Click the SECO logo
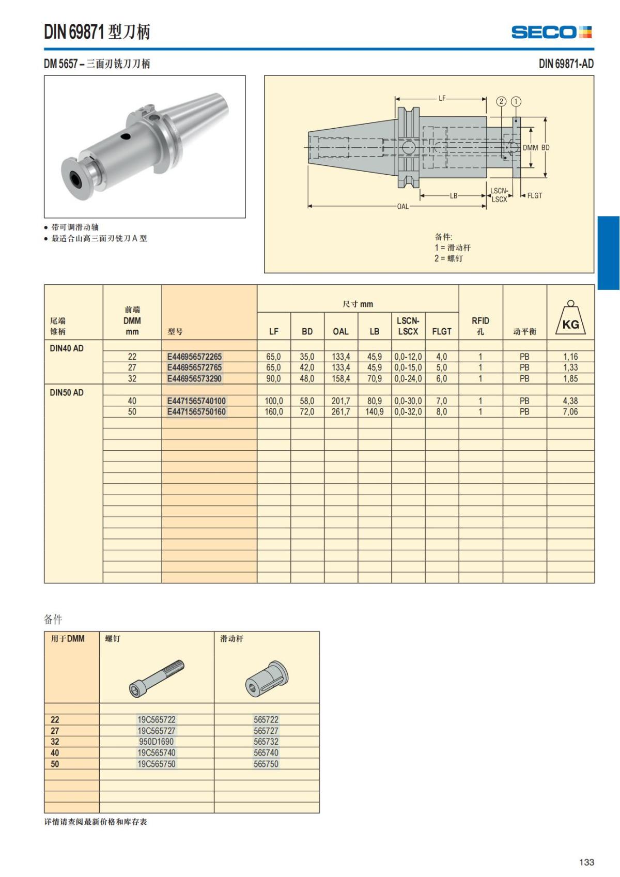pos(551,32)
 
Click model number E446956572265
pos(194,357)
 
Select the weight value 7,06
pos(570,412)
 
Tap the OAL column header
pos(340,331)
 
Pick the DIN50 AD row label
pos(67,393)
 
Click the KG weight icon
pos(570,318)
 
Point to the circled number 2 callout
pos(501,101)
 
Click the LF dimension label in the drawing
pos(442,98)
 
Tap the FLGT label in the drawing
pos(534,195)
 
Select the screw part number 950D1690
pos(156,742)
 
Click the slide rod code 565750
pos(266,764)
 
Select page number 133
pos(586,862)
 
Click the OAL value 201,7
pos(340,401)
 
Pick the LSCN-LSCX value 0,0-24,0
pos(408,379)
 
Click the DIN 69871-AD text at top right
pos(566,64)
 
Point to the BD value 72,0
pos(307,412)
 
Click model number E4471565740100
pos(196,401)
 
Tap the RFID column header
pos(480,326)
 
